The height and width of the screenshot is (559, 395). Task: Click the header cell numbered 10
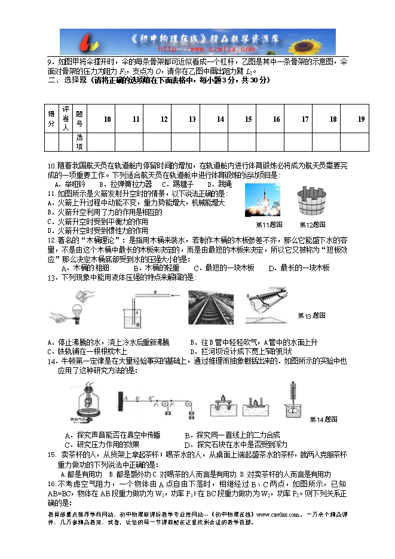click(x=108, y=119)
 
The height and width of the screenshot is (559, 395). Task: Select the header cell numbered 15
click(x=248, y=119)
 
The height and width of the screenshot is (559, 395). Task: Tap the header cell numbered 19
click(x=361, y=119)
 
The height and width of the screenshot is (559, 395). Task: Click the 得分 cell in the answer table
click(x=51, y=118)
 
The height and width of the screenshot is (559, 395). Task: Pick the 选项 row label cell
click(x=79, y=142)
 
